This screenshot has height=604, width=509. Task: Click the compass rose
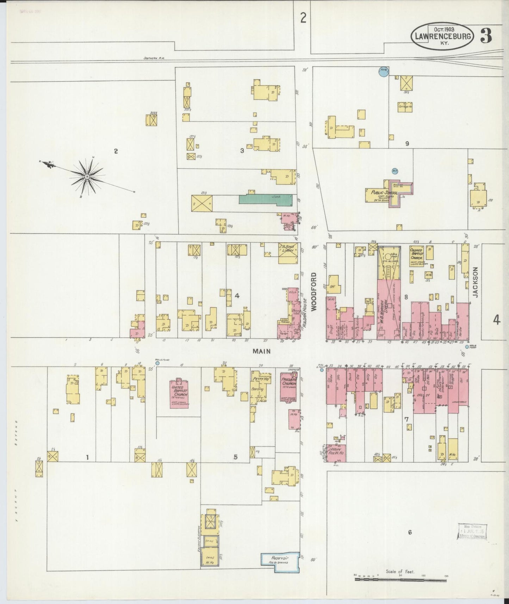[x=87, y=176]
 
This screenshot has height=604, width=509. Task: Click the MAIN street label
[x=261, y=351]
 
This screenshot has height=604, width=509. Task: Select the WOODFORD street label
[x=314, y=291]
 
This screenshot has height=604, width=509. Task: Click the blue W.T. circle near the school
[x=395, y=171]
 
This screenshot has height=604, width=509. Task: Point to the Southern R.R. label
[x=154, y=58]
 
